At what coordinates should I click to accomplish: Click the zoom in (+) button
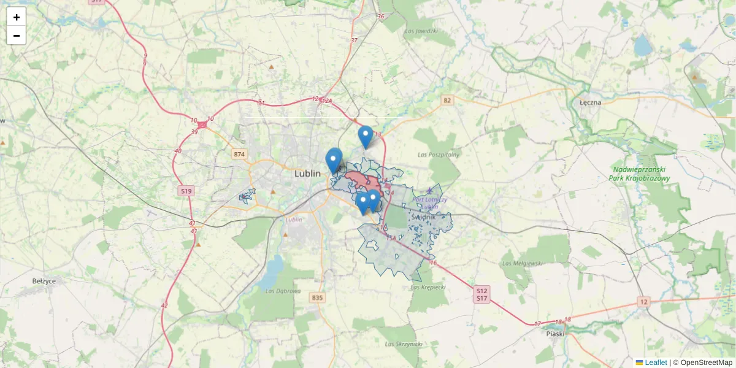tap(17, 17)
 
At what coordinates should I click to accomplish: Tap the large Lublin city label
tap(307, 174)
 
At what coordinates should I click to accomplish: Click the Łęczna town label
tap(590, 102)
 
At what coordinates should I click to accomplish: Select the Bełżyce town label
tap(44, 281)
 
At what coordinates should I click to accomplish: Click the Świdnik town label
tap(424, 217)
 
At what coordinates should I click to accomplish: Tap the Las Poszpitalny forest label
tap(438, 155)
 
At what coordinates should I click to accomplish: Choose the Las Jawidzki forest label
tap(421, 31)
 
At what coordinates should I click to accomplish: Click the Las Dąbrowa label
tap(283, 291)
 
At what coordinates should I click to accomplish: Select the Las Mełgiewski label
tap(522, 263)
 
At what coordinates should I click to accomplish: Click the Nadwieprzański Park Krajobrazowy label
tap(640, 174)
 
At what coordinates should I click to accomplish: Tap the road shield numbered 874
tap(239, 154)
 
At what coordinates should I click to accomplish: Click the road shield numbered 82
tap(447, 100)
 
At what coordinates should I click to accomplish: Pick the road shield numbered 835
tap(316, 298)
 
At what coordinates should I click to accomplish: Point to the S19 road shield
tap(186, 191)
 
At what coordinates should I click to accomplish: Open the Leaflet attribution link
tap(656, 362)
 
